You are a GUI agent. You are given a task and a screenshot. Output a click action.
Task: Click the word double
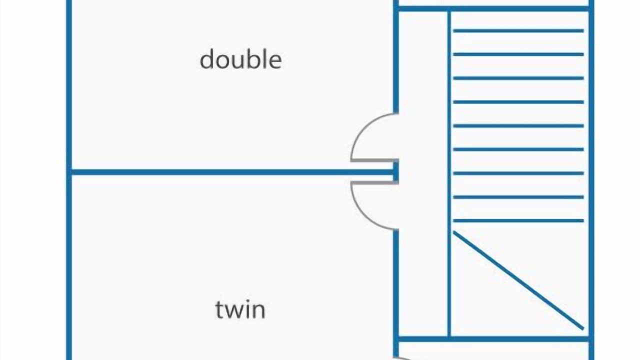pyautogui.click(x=240, y=59)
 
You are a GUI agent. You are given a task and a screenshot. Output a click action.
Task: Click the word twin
pyautogui.click(x=240, y=309)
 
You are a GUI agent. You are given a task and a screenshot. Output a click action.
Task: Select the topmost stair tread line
pyautogui.click(x=518, y=31)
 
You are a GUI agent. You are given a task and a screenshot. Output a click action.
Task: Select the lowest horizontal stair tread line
pyautogui.click(x=518, y=220)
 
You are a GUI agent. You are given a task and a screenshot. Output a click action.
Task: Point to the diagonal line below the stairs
pyautogui.click(x=518, y=280)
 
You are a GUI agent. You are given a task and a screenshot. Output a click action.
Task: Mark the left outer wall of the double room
pyautogui.click(x=69, y=85)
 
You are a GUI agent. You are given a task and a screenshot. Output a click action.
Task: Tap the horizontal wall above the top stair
pyautogui.click(x=492, y=8)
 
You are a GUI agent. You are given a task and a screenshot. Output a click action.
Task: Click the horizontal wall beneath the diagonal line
pyautogui.click(x=492, y=339)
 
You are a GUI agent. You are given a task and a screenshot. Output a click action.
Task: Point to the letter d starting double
pyautogui.click(x=206, y=59)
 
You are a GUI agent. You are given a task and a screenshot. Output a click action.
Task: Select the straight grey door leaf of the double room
pyautogui.click(x=374, y=160)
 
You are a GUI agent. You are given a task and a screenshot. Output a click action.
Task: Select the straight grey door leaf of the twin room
pyautogui.click(x=374, y=183)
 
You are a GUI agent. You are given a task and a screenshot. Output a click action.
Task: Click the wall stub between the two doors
pyautogui.click(x=395, y=172)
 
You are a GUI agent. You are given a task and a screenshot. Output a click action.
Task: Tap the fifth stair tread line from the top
pyautogui.click(x=518, y=126)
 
